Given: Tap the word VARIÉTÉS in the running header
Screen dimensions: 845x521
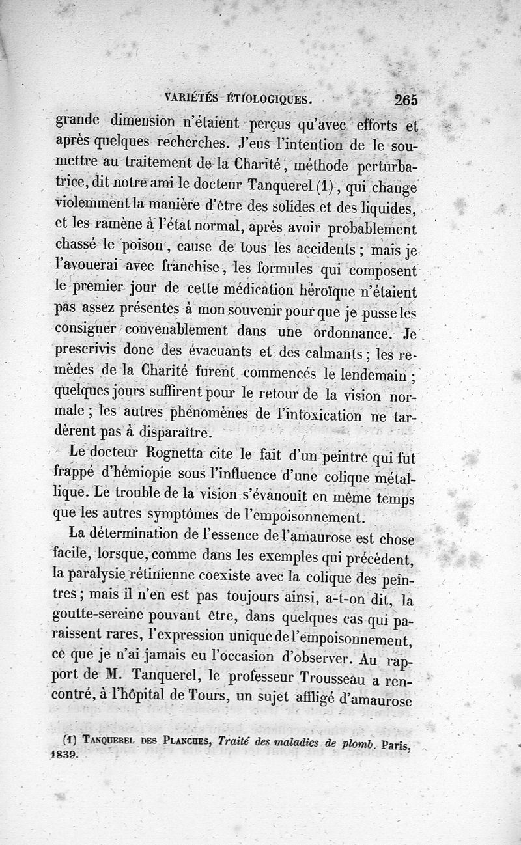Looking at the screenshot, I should (x=192, y=100).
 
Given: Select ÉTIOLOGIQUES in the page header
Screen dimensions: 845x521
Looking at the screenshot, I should (x=269, y=100).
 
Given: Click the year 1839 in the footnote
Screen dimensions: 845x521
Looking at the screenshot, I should (x=63, y=757).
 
